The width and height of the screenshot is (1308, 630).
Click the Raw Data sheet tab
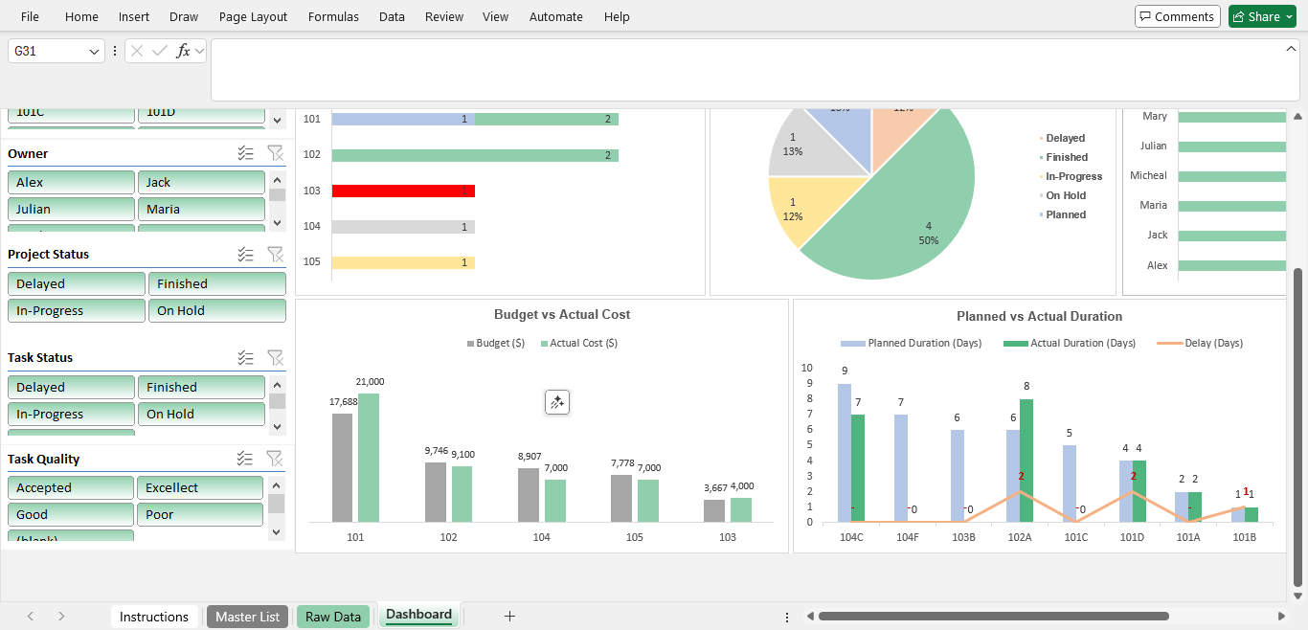tap(333, 617)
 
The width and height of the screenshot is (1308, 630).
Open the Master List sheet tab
tap(247, 617)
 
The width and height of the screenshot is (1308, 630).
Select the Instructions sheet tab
tap(154, 617)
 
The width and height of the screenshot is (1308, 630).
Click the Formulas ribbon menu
tap(333, 16)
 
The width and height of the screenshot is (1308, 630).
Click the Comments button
tap(1178, 16)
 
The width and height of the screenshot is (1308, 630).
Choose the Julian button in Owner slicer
tap(71, 209)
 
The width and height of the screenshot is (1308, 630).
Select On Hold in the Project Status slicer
tap(216, 310)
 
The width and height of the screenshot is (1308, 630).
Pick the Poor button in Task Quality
tap(199, 514)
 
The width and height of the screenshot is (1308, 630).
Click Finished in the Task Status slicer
tap(201, 387)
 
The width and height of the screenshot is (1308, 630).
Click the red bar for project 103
tap(403, 191)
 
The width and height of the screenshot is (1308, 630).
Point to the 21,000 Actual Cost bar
tap(369, 457)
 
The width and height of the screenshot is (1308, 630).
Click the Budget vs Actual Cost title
tap(562, 314)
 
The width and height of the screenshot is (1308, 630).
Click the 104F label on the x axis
tap(907, 537)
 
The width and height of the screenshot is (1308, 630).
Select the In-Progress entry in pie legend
tap(1073, 176)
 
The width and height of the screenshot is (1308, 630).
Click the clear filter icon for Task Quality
tap(275, 459)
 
